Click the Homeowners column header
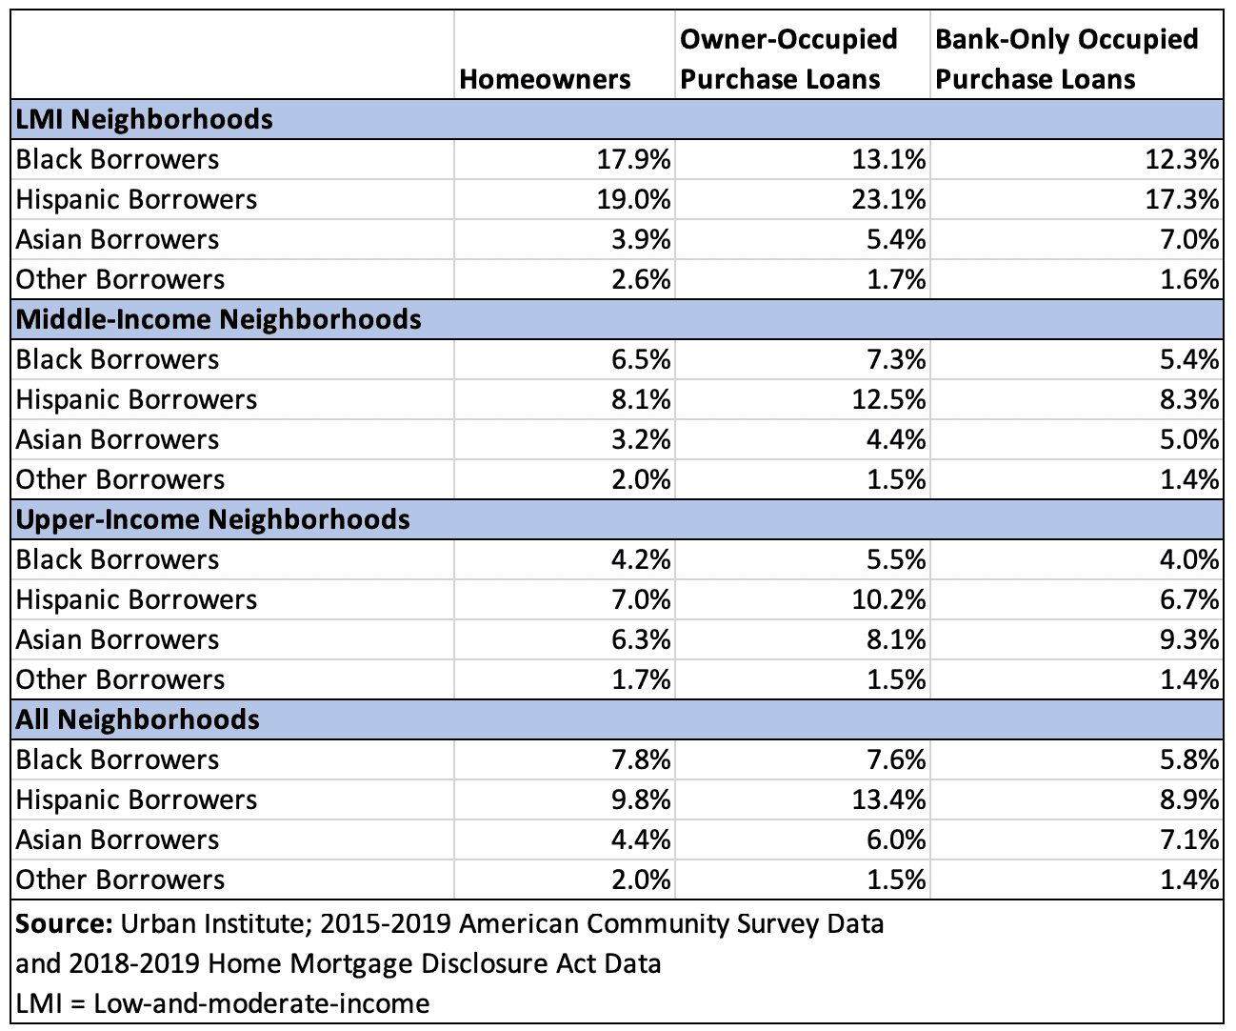(545, 79)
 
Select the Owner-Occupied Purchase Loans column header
(788, 59)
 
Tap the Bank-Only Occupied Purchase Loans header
(1067, 59)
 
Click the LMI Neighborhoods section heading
(144, 119)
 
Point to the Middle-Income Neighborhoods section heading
(218, 319)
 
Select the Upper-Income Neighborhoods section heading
(212, 519)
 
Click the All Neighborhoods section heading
(137, 719)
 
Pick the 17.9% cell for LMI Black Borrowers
(633, 159)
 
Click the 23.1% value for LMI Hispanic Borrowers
(888, 199)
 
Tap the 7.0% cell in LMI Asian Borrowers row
(1190, 239)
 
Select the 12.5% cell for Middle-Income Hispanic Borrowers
(888, 399)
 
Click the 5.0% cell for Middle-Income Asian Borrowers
(1190, 439)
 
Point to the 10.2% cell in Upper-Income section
(888, 599)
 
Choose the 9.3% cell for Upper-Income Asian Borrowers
(1190, 639)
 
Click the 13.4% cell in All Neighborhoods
(888, 799)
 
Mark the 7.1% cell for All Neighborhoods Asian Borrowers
(1190, 839)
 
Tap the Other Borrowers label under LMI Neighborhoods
(120, 280)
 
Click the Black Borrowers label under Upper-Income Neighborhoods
(117, 559)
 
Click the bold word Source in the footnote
(64, 923)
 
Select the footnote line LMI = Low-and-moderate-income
(223, 1003)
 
